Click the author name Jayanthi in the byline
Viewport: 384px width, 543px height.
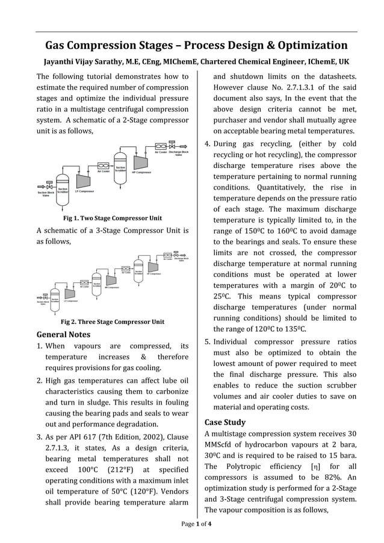tap(64, 62)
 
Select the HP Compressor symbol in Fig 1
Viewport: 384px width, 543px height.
tap(141, 162)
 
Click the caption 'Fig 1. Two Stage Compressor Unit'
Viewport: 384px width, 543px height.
tap(113, 218)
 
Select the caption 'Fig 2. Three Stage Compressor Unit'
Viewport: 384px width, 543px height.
tap(113, 321)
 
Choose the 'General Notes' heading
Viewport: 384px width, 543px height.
tap(64, 334)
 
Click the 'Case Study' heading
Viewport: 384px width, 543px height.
tap(225, 422)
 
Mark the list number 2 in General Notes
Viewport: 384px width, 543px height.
tap(40, 381)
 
